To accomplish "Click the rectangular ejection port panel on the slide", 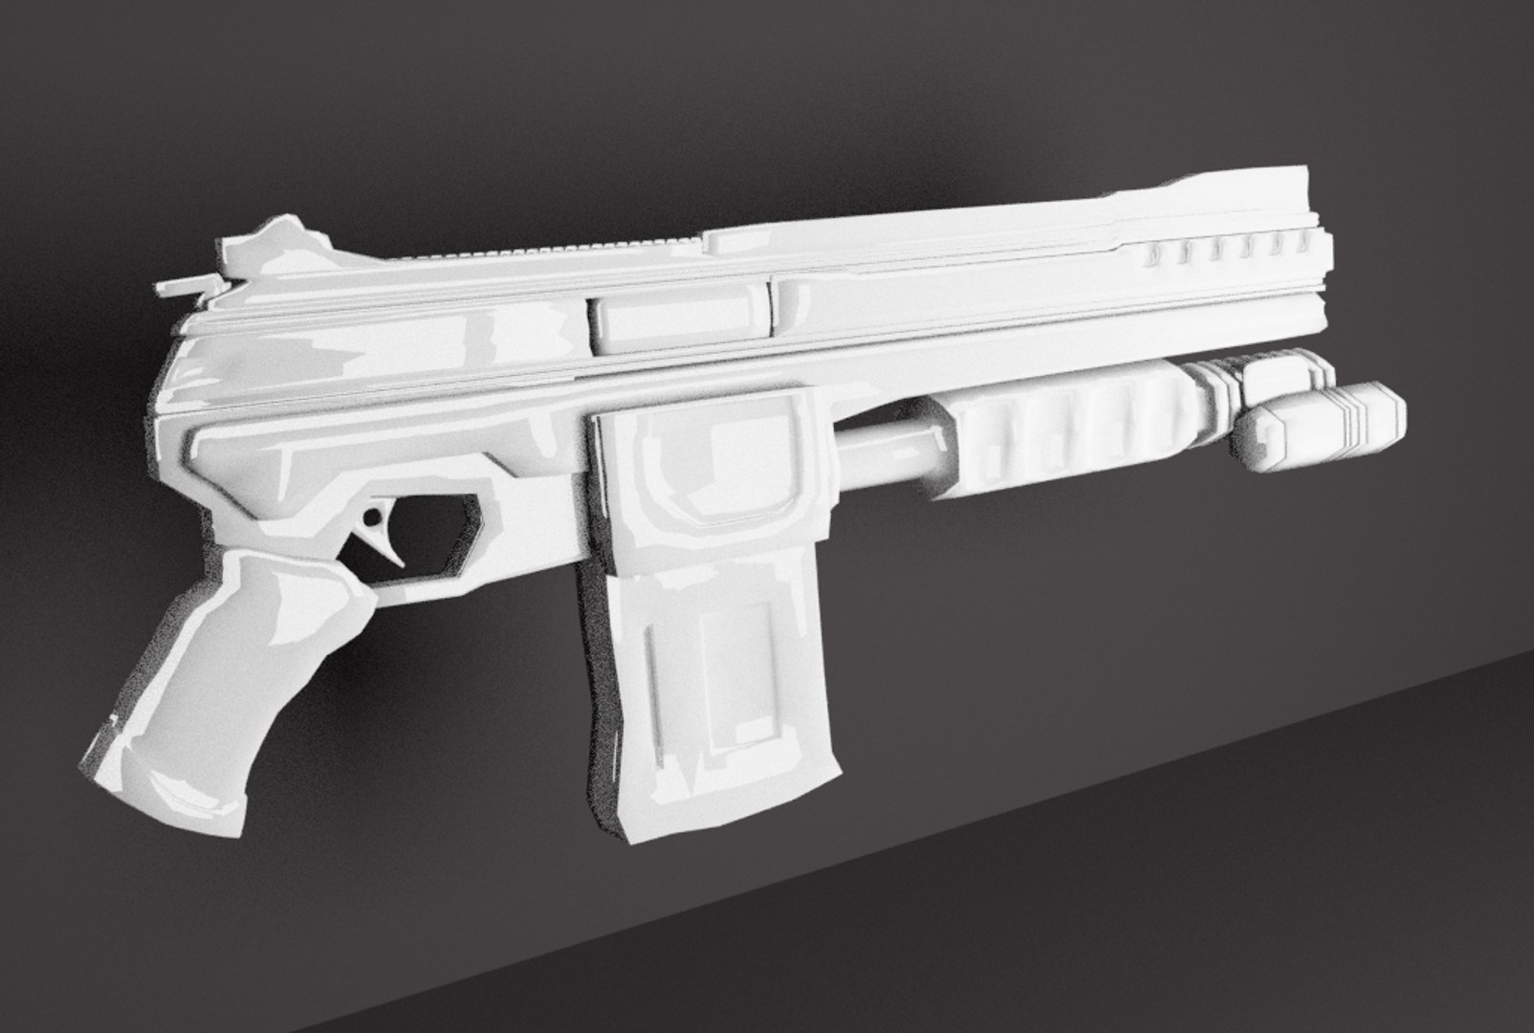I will (x=680, y=320).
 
